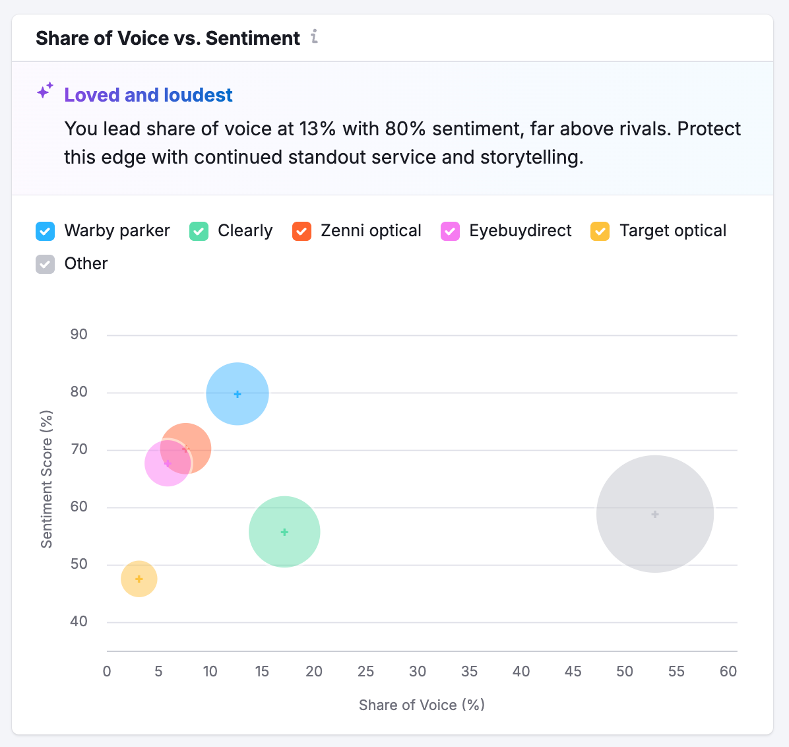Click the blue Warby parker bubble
[237, 394]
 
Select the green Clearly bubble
[284, 532]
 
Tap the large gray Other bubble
[654, 514]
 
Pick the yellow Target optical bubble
[139, 579]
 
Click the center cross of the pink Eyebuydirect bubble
[168, 463]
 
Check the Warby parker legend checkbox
[45, 231]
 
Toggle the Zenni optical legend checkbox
[301, 231]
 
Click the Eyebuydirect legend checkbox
[450, 231]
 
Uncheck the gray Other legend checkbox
[45, 264]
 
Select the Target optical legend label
[672, 231]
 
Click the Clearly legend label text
[245, 231]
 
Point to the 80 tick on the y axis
[79, 392]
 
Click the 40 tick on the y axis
[79, 622]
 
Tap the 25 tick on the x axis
[365, 672]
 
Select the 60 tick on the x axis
[728, 672]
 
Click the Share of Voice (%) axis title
[422, 705]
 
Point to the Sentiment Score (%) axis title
[46, 479]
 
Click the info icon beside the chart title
[315, 37]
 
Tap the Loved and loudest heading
[148, 95]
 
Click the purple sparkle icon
[45, 91]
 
